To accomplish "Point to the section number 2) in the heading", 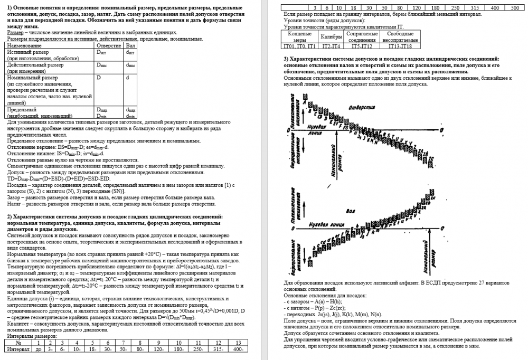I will (x=10, y=216).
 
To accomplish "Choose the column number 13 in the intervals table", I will (x=239, y=342).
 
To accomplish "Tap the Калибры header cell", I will (x=332, y=36).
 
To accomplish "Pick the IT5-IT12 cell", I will (x=362, y=46).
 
